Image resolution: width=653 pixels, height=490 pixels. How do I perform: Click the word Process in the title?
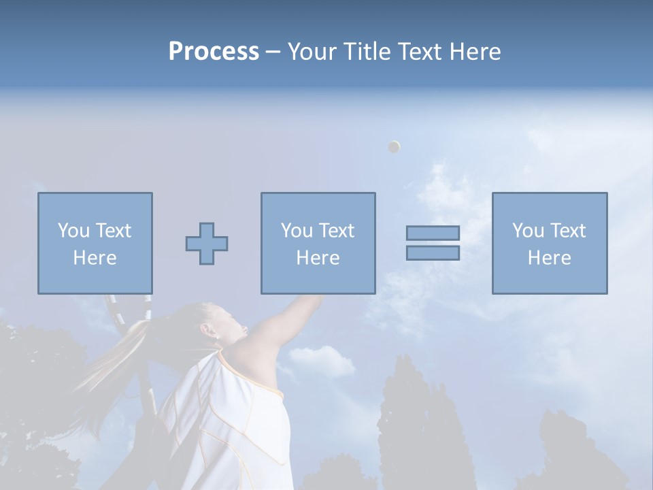point(214,52)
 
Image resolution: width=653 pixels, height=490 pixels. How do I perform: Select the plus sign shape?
point(207,244)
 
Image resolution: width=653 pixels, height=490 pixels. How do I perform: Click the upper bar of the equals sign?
point(433,233)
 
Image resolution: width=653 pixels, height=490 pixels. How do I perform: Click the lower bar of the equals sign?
point(433,253)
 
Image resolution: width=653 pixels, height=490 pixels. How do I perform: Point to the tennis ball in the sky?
point(394,146)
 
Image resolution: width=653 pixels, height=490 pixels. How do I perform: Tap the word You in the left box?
point(73,231)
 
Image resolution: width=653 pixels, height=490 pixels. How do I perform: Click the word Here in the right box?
point(549,258)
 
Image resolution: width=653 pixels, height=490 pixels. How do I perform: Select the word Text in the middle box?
point(336,231)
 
